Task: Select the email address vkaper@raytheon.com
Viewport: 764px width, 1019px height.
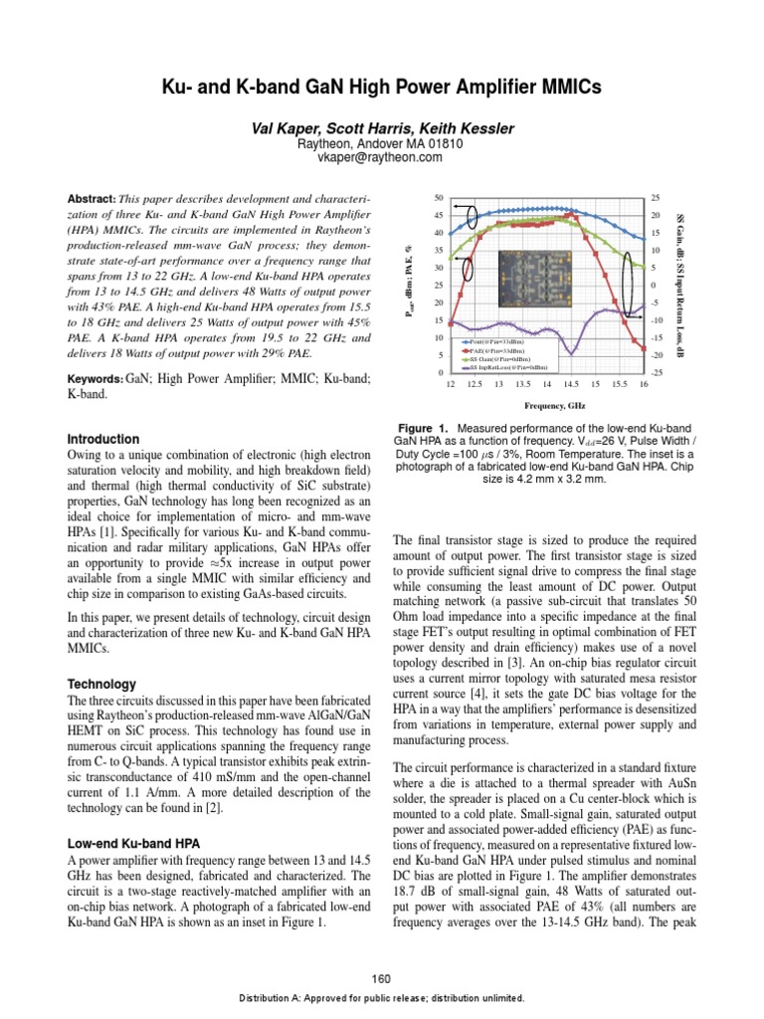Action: coord(382,156)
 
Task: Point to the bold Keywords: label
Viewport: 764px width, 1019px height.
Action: coord(95,379)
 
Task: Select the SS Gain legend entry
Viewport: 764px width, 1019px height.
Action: coord(506,358)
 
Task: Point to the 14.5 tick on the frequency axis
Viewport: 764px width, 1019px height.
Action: coord(570,384)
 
